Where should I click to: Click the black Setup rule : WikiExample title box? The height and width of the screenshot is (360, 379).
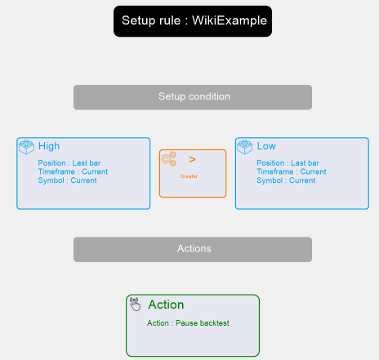[x=193, y=21]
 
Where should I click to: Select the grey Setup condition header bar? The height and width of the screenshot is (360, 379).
[x=193, y=97]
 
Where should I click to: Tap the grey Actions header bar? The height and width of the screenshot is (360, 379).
[x=193, y=249]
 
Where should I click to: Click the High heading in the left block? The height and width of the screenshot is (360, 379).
[x=49, y=146]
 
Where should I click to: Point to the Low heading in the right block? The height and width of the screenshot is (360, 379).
[x=266, y=146]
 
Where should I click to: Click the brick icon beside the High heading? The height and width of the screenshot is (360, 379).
[x=26, y=147]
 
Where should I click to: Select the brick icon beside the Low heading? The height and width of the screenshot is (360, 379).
[x=245, y=147]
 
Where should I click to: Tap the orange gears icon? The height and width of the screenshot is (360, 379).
[x=169, y=159]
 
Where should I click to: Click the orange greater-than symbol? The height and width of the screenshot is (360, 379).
[x=192, y=159]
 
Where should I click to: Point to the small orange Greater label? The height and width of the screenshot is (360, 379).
[x=189, y=176]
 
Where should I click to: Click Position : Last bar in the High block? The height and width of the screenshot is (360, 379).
[x=69, y=163]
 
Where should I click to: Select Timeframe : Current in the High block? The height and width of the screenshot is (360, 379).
[x=73, y=171]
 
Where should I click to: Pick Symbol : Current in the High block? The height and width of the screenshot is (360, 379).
[x=67, y=180]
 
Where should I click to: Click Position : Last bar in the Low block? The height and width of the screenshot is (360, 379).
[x=288, y=163]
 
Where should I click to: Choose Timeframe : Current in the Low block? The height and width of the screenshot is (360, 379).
[x=292, y=171]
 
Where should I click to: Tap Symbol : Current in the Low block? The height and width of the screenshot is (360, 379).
[x=286, y=180]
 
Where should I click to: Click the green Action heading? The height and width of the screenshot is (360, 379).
[x=166, y=304]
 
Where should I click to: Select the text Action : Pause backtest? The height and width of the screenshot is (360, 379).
[x=188, y=323]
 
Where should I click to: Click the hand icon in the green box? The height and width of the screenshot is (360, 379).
[x=135, y=304]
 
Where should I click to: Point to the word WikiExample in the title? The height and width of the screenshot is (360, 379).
[x=230, y=20]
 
